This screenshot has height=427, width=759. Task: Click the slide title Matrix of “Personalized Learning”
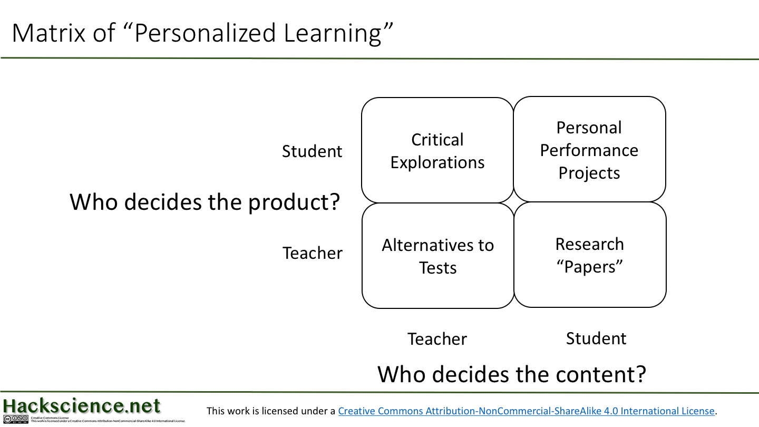point(203,33)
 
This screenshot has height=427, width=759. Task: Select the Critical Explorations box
point(437,150)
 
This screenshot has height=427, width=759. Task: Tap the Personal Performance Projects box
point(589,150)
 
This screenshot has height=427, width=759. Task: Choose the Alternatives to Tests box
point(438,256)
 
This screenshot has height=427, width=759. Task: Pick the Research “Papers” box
point(590,255)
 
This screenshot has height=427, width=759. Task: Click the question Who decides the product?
point(205,202)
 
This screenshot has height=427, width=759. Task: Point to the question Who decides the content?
point(512,374)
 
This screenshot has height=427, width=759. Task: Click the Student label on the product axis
point(312,151)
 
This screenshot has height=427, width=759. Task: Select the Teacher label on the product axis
point(313,253)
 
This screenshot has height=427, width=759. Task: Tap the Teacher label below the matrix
point(437,339)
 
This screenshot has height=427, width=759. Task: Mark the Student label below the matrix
point(596,338)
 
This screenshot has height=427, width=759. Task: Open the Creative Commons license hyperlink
point(526,411)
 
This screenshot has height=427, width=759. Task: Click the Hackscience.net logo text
point(82,406)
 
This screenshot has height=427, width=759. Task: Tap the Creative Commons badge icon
point(15,420)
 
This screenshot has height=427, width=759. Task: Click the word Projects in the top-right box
point(589,173)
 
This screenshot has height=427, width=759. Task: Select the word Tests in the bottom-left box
point(438,268)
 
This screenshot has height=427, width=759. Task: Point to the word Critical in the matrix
point(437,140)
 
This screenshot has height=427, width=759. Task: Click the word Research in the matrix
point(590,244)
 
